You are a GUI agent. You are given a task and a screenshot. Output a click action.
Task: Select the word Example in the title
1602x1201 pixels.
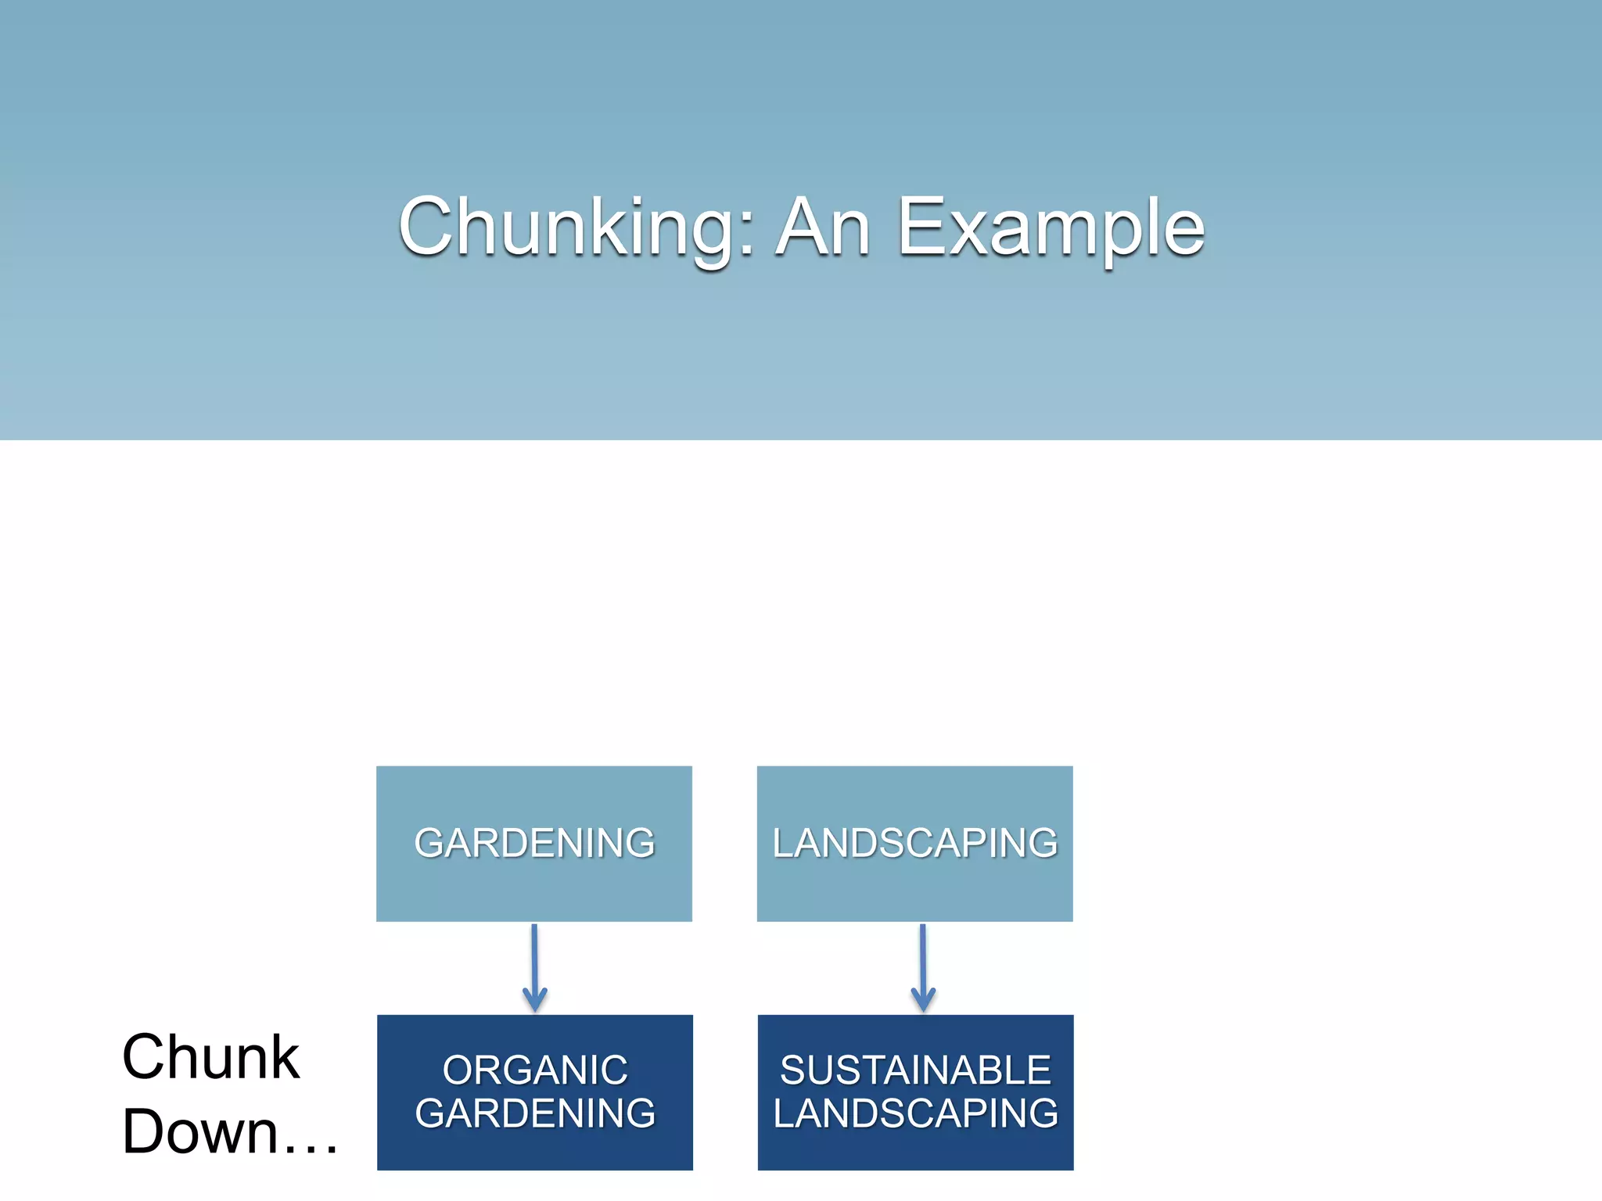coord(1051,228)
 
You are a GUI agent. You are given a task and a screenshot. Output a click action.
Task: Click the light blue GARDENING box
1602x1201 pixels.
coord(533,891)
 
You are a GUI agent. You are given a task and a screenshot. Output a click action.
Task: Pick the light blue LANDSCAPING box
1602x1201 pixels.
coord(914,891)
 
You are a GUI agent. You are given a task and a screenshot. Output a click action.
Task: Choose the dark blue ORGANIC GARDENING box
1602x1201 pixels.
coord(534,1149)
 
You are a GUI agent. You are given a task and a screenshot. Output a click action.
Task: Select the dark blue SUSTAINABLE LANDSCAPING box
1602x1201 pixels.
coord(915,1149)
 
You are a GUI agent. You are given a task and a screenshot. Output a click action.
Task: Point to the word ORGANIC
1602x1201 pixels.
coord(535,1070)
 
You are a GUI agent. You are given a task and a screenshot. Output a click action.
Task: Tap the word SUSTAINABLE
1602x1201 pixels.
coord(915,1070)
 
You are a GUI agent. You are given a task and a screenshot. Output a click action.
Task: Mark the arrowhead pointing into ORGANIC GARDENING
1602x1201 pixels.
coord(535,1002)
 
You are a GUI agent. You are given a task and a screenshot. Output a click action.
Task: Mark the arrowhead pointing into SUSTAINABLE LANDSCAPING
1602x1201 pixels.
coord(923,1002)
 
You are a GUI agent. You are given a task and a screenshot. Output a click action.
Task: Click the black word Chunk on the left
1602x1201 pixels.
coord(210,1057)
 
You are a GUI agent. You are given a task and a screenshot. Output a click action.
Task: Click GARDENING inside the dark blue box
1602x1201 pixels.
coord(535,1113)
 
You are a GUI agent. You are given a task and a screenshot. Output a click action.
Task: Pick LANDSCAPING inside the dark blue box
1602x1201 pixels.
coord(915,1113)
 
